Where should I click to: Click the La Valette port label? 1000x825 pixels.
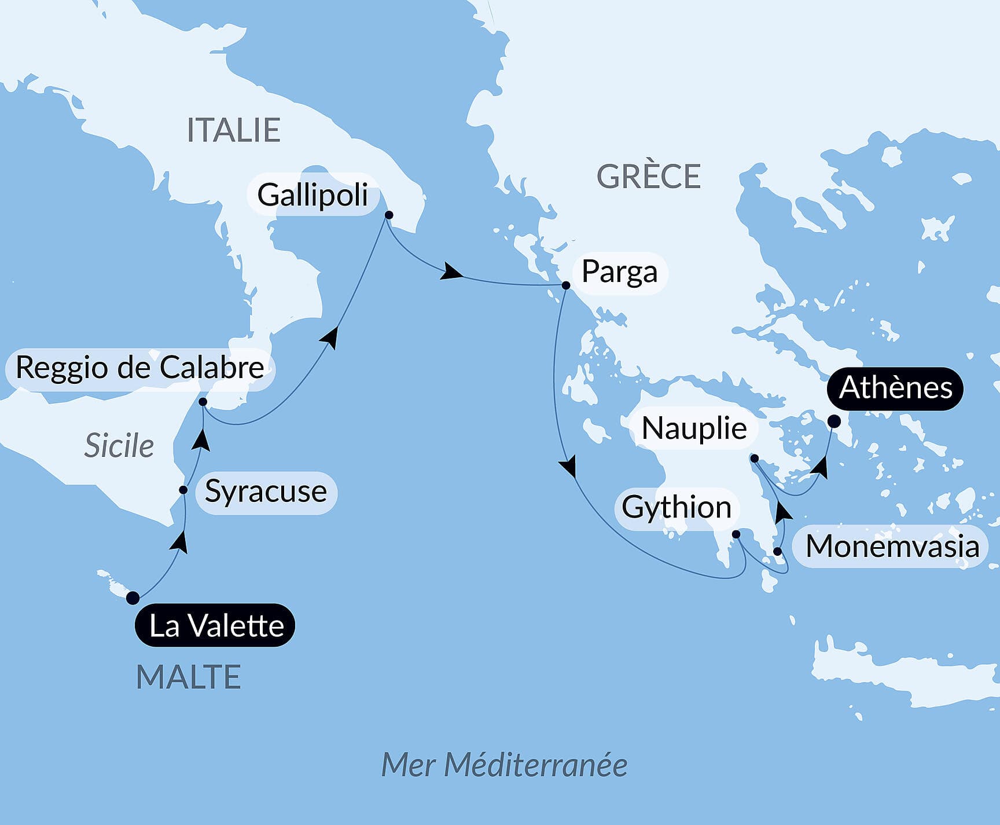[x=215, y=626]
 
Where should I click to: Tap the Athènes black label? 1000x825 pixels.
[x=895, y=388]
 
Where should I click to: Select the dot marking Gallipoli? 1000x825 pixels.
[x=389, y=215]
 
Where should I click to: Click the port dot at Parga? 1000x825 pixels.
[x=566, y=285]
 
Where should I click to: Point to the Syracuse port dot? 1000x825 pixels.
[x=183, y=490]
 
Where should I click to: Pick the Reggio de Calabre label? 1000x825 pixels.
[x=139, y=368]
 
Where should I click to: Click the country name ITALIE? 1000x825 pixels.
[x=233, y=130]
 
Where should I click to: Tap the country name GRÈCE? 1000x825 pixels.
[x=648, y=177]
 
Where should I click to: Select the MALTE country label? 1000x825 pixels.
[x=188, y=677]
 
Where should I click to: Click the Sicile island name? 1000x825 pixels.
[x=119, y=446]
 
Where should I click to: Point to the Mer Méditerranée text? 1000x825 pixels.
[x=504, y=765]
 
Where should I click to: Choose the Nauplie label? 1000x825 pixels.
[x=694, y=428]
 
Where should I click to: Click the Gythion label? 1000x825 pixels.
[x=676, y=508]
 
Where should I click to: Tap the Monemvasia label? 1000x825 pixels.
[x=892, y=547]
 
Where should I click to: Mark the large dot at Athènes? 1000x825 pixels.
[x=834, y=421]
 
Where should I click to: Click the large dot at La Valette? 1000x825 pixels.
[x=133, y=597]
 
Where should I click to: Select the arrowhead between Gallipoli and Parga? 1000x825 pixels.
[x=451, y=272]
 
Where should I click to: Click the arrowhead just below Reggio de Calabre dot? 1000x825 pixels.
[x=201, y=440]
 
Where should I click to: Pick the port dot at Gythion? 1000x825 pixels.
[x=736, y=534]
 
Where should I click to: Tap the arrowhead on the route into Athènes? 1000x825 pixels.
[x=820, y=467]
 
